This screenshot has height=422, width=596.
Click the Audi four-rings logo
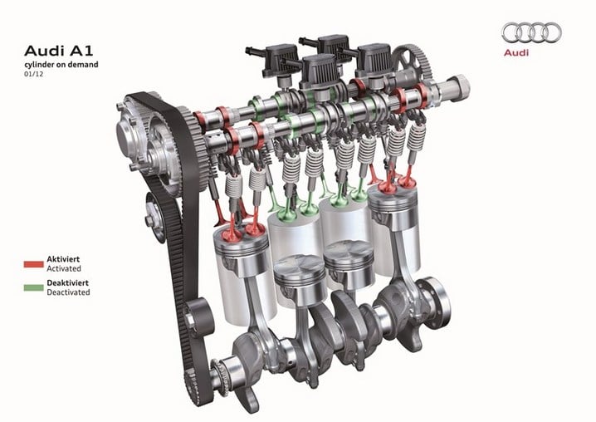(531, 32)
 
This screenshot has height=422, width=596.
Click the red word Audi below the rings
(516, 52)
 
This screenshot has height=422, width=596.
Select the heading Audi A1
(59, 51)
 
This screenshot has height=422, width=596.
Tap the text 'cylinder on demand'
(61, 65)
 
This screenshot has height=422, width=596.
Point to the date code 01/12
(34, 74)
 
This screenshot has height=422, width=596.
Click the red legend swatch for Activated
(33, 264)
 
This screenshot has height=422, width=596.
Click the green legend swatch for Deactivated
(33, 287)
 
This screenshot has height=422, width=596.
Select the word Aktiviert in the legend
(63, 259)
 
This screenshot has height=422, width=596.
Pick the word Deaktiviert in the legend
(68, 282)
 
